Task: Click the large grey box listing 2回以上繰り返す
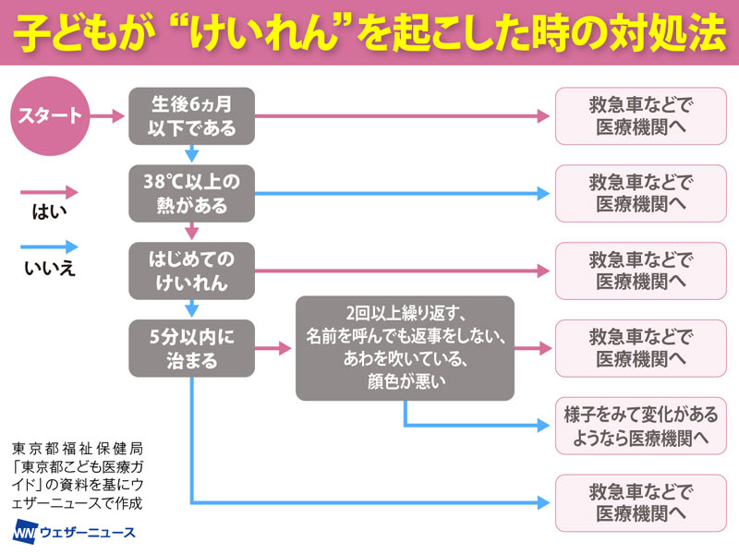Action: [405, 349]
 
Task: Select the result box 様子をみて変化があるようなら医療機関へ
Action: [641, 426]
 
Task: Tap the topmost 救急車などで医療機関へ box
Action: [641, 117]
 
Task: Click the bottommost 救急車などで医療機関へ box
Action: [641, 502]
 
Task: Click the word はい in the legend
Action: [44, 214]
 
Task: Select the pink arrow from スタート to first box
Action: [108, 117]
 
